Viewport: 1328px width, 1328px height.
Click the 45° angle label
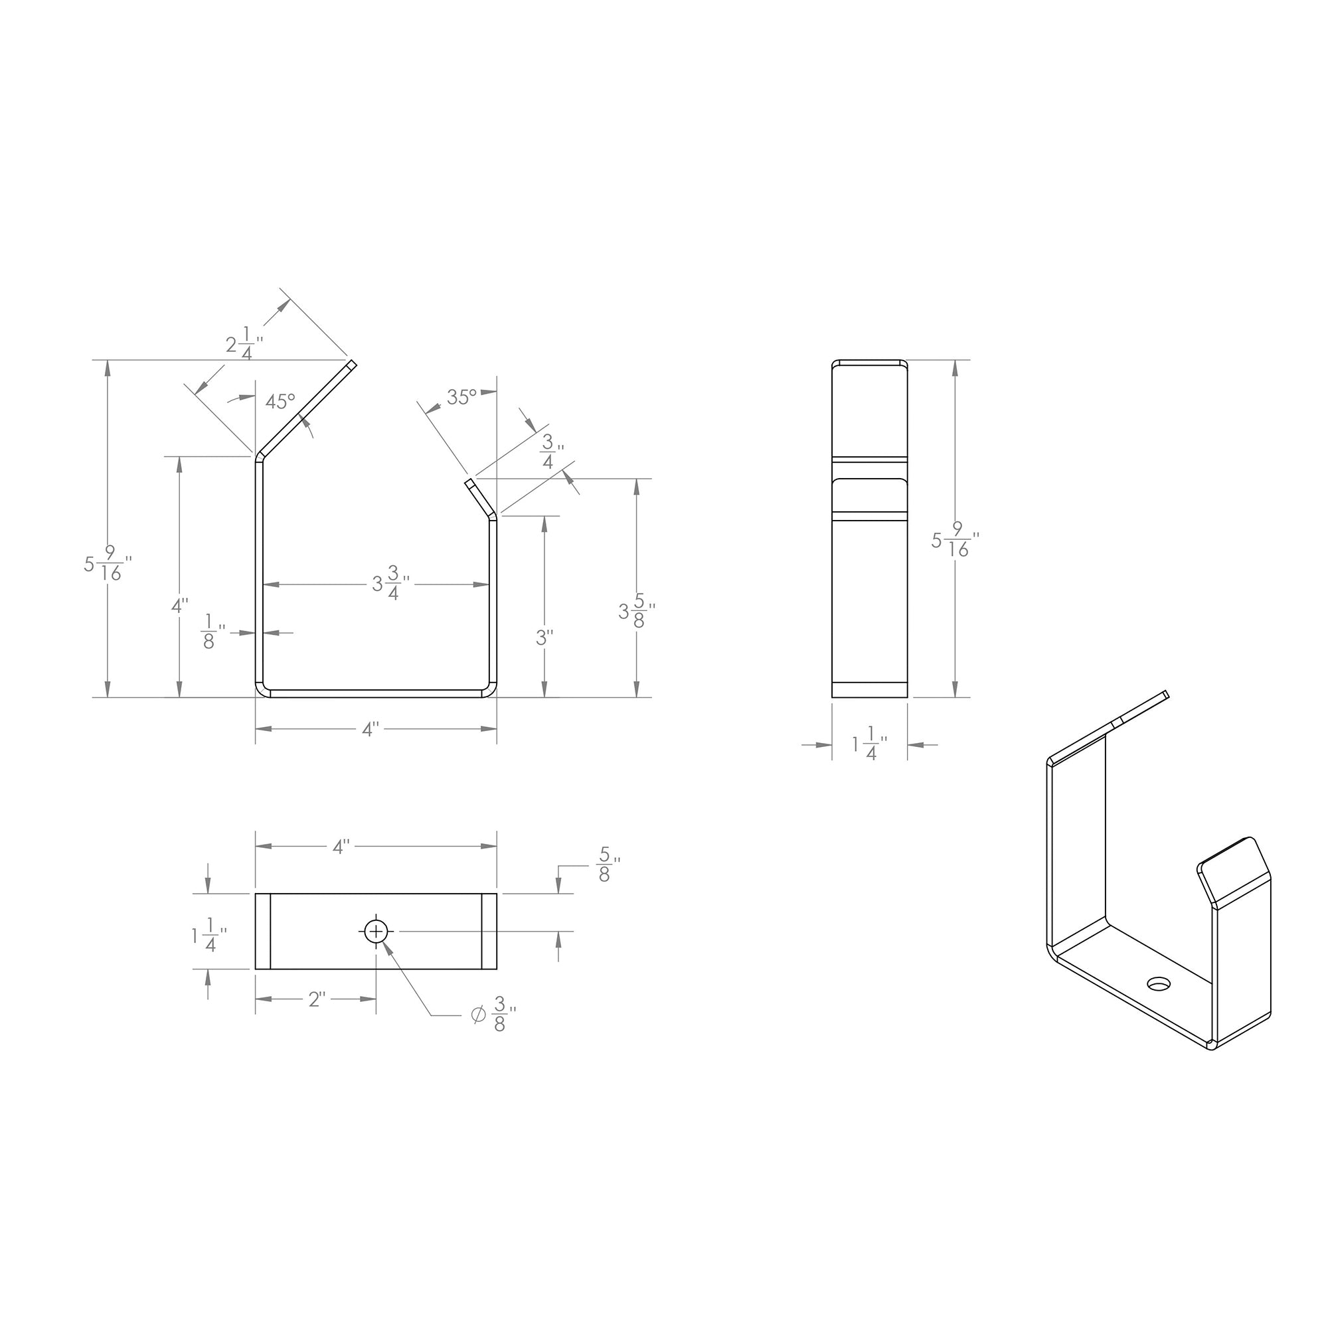(x=280, y=401)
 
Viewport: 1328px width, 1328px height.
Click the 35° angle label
(x=461, y=396)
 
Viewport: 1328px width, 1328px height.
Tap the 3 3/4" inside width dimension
(x=391, y=584)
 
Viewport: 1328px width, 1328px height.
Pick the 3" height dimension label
(x=544, y=638)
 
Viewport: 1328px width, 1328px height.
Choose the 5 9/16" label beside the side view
(x=955, y=540)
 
